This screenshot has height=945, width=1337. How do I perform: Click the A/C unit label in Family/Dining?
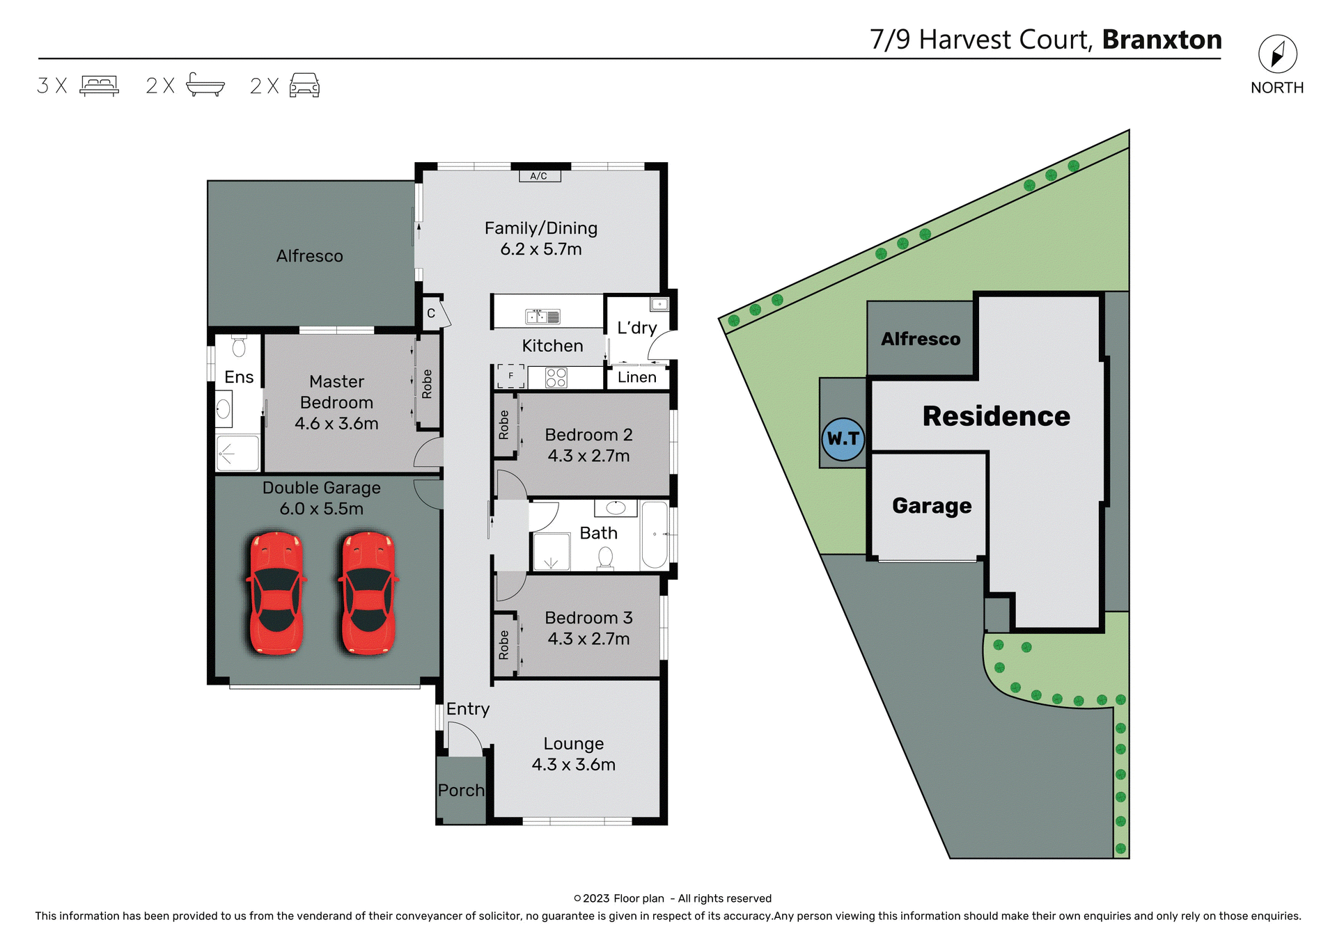coord(539,176)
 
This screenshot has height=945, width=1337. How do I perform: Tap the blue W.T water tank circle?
coord(843,439)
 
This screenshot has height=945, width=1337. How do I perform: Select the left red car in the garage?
coord(276,594)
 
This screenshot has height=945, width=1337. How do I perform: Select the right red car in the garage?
coord(368,594)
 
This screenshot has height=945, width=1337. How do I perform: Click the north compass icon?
coord(1277,54)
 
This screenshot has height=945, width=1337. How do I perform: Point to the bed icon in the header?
coord(100,86)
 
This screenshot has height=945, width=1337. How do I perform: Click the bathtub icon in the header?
coord(205,85)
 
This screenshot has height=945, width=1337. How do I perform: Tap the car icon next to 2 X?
coord(304,86)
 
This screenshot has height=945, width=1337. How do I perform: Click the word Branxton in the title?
coord(1162,40)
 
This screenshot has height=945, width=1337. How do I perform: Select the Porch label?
coord(461,791)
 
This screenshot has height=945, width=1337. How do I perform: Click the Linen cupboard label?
coord(636,377)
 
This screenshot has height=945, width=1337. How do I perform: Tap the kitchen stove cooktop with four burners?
coord(556,377)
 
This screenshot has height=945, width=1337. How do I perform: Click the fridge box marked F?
coord(510,376)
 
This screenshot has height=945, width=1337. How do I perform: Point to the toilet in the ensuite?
coord(239,347)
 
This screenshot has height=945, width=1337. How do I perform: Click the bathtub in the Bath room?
coord(654,534)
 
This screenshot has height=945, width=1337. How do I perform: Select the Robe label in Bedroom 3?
coord(504,644)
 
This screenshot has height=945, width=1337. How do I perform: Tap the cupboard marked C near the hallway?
coord(431,313)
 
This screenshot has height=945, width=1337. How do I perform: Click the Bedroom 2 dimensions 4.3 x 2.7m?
coord(588,456)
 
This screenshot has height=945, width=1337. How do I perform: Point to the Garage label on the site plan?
coord(931,506)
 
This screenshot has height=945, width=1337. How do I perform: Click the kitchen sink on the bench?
coord(542,317)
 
